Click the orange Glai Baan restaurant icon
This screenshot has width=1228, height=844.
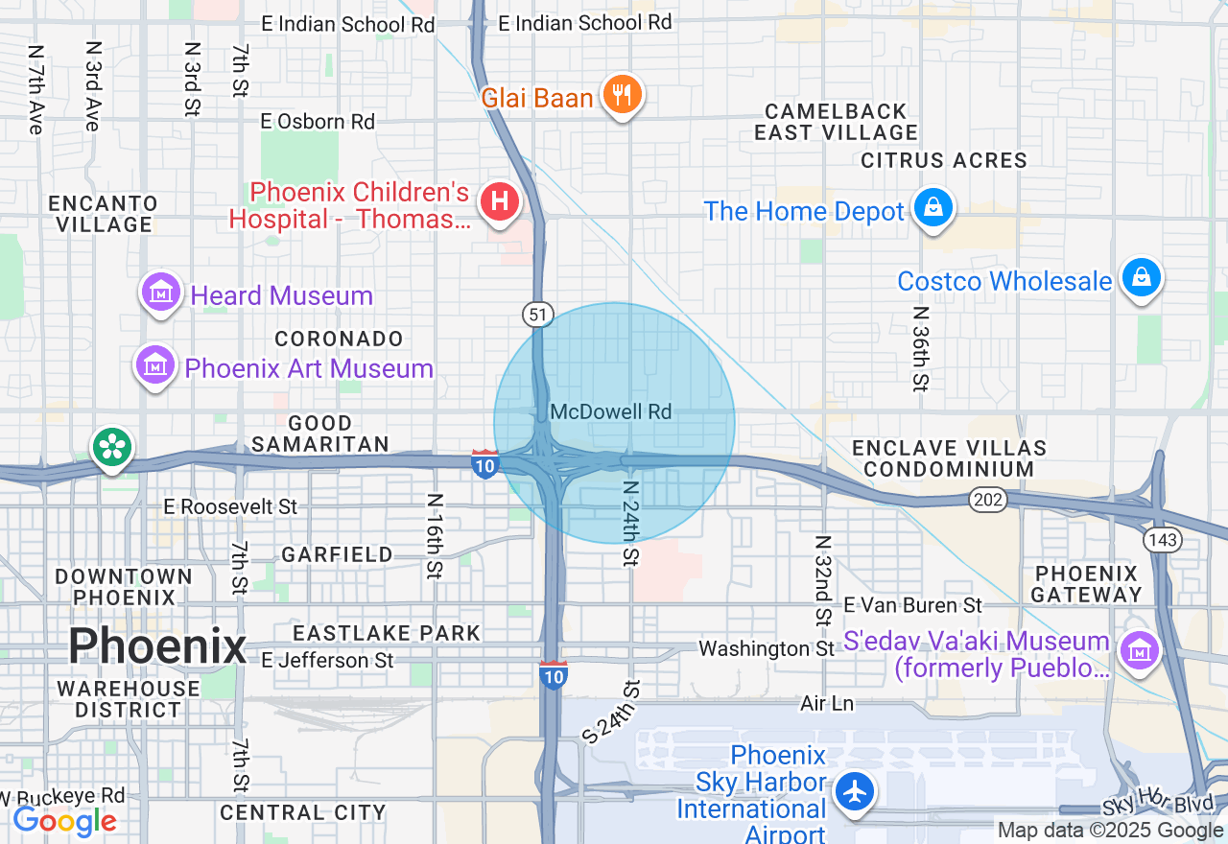tap(623, 95)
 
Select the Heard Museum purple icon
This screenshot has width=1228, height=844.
tap(160, 293)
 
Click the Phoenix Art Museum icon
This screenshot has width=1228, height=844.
tap(154, 365)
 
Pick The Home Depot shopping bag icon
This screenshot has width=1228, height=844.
tap(933, 207)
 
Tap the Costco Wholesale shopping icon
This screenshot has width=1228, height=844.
tap(1141, 278)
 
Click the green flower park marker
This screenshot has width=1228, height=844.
tap(112, 447)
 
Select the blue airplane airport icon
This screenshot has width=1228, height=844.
tap(853, 791)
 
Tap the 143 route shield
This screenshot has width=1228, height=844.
tap(1162, 540)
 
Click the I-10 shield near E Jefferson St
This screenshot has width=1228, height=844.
tap(554, 675)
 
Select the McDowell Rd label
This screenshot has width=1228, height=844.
tap(611, 411)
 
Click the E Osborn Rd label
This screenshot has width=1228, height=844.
tap(318, 122)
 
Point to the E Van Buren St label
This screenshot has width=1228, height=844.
tap(913, 604)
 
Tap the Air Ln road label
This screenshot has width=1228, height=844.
tap(826, 704)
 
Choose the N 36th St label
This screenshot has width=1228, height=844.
tap(921, 349)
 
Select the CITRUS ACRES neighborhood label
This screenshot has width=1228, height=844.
tap(944, 160)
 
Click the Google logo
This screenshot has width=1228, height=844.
tap(64, 821)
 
